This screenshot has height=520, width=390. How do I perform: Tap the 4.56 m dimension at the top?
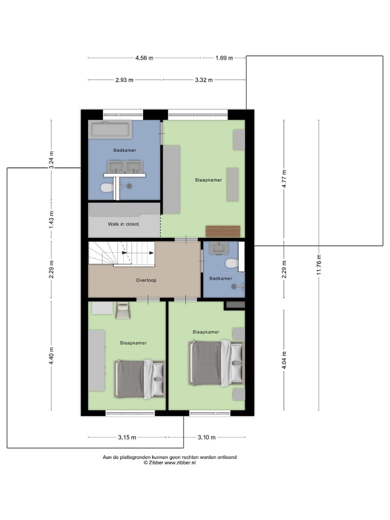[144, 58]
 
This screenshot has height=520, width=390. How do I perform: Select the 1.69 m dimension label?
[224, 58]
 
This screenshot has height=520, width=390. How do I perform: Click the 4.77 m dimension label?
[283, 179]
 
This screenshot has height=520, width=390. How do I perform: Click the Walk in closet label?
[123, 223]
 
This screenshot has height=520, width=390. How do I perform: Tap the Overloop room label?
[146, 281]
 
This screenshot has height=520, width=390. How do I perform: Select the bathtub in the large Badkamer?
[110, 129]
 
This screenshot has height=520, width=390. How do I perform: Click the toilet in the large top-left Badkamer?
[107, 187]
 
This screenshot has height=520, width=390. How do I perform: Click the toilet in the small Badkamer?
[231, 263]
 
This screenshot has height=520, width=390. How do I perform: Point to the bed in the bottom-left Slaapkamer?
[139, 378]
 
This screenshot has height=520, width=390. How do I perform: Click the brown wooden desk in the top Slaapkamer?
[223, 231]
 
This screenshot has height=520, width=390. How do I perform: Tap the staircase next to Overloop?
[121, 254]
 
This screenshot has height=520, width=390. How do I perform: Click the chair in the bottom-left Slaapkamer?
[123, 311]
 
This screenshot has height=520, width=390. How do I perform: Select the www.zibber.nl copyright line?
[170, 463]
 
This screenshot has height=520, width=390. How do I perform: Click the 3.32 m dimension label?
[204, 80]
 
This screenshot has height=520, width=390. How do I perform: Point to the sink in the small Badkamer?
[220, 249]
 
